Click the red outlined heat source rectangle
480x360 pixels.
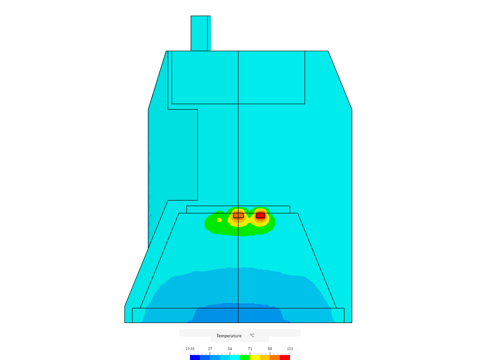point(260,216)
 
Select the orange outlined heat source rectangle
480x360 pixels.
point(238,216)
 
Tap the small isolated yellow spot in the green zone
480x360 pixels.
point(219,220)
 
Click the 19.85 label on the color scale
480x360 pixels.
point(190,349)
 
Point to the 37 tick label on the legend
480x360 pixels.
point(210,349)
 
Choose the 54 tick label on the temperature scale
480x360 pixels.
point(230,349)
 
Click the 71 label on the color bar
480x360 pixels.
point(250,349)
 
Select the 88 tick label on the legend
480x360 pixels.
point(270,349)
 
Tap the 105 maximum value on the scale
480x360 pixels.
point(290,349)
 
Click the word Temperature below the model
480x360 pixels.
point(229,336)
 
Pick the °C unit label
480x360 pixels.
point(252,336)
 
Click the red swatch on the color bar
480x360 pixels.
point(285,357)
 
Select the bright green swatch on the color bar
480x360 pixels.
point(245,357)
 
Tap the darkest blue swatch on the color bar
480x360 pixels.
point(195,357)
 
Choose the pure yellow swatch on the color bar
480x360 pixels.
point(255,357)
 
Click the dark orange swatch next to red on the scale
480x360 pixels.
point(275,357)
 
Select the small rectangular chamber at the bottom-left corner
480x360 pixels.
point(128,315)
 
